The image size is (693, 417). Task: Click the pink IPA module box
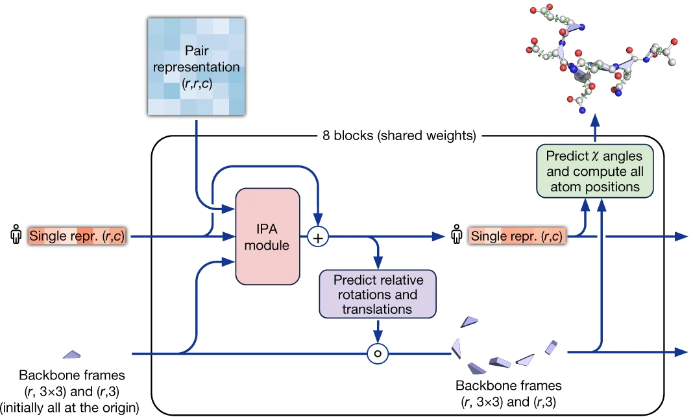(268, 237)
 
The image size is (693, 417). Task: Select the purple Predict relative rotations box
(378, 294)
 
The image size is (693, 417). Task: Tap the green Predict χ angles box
(594, 171)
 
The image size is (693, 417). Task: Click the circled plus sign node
(318, 237)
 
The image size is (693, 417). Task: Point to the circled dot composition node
(378, 353)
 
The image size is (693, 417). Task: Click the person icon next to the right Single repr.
(457, 236)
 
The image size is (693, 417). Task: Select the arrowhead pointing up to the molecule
(594, 121)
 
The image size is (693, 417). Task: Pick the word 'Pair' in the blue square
(196, 50)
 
